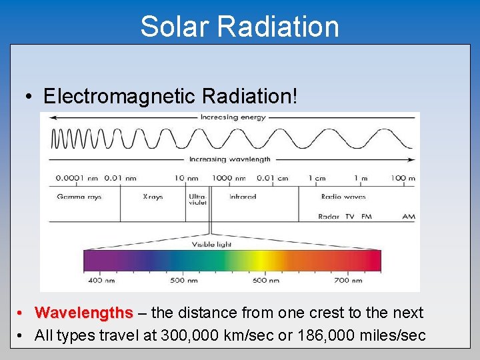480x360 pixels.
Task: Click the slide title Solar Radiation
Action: pyautogui.click(x=239, y=27)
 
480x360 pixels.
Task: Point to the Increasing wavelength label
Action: pyautogui.click(x=230, y=159)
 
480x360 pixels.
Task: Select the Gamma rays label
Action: pyautogui.click(x=79, y=197)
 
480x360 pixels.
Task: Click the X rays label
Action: pyautogui.click(x=153, y=197)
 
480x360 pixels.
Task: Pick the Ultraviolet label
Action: pyautogui.click(x=197, y=199)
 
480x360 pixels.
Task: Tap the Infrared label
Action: pyautogui.click(x=243, y=197)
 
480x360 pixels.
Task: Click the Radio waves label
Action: pyautogui.click(x=343, y=197)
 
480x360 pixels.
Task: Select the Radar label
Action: pyautogui.click(x=329, y=217)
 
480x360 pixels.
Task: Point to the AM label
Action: pyautogui.click(x=409, y=217)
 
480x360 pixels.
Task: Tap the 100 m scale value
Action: pyautogui.click(x=403, y=178)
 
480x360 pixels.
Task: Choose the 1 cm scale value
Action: pyautogui.click(x=317, y=178)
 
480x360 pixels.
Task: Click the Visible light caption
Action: pyautogui.click(x=211, y=245)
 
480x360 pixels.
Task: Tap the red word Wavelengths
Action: pyautogui.click(x=84, y=313)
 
